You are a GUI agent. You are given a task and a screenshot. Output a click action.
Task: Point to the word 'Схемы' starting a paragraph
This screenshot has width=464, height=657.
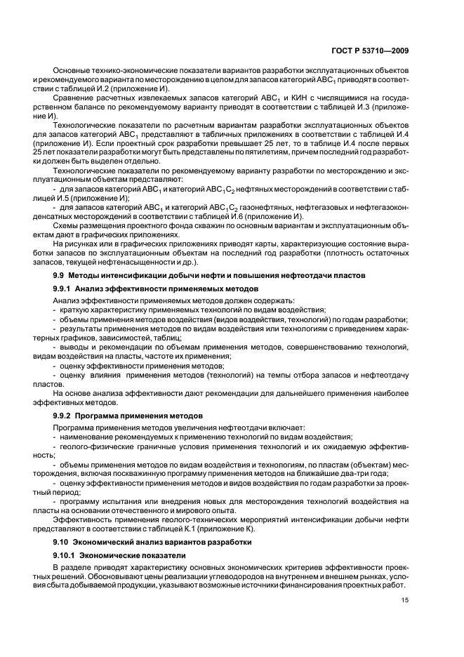(x=65, y=226)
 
